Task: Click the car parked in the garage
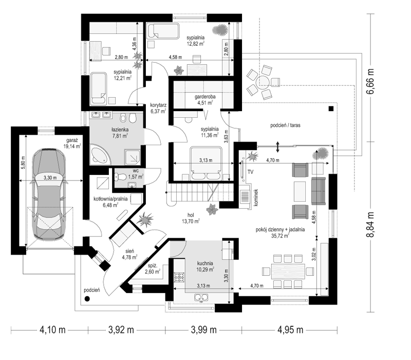tap(49, 194)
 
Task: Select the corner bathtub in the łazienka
tap(101, 154)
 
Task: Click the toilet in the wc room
tap(120, 177)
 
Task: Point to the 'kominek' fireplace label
tap(256, 197)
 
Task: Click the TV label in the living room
tap(250, 172)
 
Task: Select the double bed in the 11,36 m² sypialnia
tap(206, 163)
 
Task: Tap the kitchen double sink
tap(201, 298)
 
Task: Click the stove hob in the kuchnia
tap(179, 278)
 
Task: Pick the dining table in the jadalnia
tap(288, 272)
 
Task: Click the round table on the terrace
tap(263, 81)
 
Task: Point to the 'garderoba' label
tap(205, 97)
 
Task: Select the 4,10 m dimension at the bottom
tap(52, 330)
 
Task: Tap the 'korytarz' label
tap(158, 105)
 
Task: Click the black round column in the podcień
tap(87, 299)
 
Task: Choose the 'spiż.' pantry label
tap(152, 265)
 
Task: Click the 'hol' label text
tap(191, 215)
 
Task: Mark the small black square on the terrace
tap(331, 109)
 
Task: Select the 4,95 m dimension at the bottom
tap(290, 330)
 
